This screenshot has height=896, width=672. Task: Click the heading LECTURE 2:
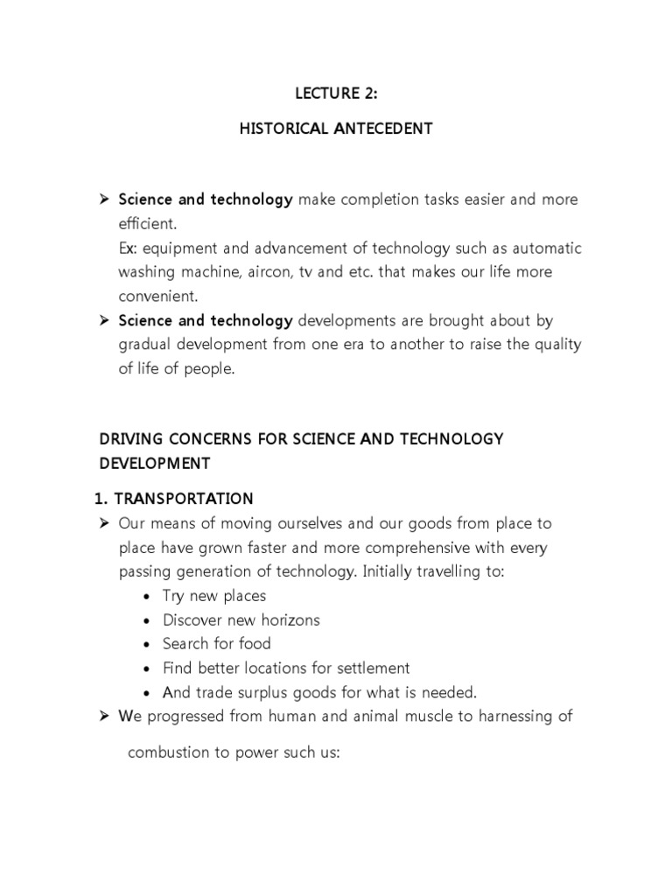click(x=336, y=94)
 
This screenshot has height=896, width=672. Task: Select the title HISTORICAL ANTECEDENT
click(x=336, y=129)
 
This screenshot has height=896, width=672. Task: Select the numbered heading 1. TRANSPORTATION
click(x=174, y=499)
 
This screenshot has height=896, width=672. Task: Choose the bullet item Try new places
click(x=214, y=596)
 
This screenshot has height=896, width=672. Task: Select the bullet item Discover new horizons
click(x=241, y=619)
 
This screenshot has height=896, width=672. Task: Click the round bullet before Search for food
click(x=144, y=644)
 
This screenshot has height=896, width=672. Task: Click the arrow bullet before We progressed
click(x=102, y=717)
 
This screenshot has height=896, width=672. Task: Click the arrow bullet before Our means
click(x=102, y=523)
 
